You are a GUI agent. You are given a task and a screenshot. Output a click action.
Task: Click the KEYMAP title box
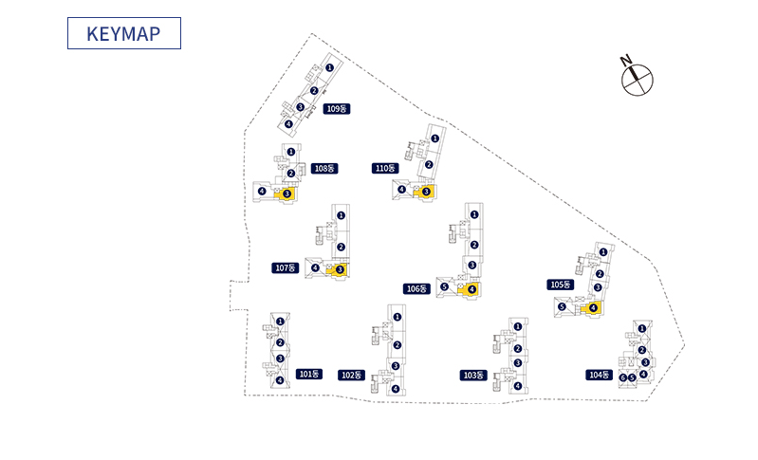click(x=123, y=33)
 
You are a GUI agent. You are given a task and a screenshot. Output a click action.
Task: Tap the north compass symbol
click(x=638, y=78)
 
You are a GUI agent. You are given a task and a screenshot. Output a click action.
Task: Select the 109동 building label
click(x=337, y=109)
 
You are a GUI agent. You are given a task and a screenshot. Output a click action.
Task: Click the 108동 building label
click(x=324, y=168)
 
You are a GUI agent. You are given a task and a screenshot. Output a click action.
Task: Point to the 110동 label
click(x=385, y=168)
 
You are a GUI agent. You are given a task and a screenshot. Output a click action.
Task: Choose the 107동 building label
click(x=286, y=268)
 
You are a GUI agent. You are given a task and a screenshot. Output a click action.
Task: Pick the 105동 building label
click(x=561, y=285)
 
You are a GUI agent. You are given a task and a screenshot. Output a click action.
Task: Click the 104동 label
click(x=599, y=375)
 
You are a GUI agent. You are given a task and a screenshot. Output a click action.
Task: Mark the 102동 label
click(x=351, y=375)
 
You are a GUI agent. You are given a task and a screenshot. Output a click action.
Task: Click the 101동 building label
click(x=309, y=374)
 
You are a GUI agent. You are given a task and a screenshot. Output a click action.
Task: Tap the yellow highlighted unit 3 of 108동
click(x=287, y=193)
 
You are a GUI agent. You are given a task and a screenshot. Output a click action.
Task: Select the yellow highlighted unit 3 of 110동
click(x=425, y=191)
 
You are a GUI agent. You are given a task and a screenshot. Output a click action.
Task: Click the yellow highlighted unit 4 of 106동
click(x=471, y=289)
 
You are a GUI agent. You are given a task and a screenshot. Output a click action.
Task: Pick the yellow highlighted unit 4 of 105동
click(x=592, y=307)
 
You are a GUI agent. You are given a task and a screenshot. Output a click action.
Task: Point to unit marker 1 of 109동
click(x=329, y=68)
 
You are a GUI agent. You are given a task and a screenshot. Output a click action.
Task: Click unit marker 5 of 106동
click(x=444, y=287)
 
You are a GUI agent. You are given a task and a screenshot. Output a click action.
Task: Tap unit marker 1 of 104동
click(x=642, y=329)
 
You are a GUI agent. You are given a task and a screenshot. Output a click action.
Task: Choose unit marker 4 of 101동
click(x=279, y=380)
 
